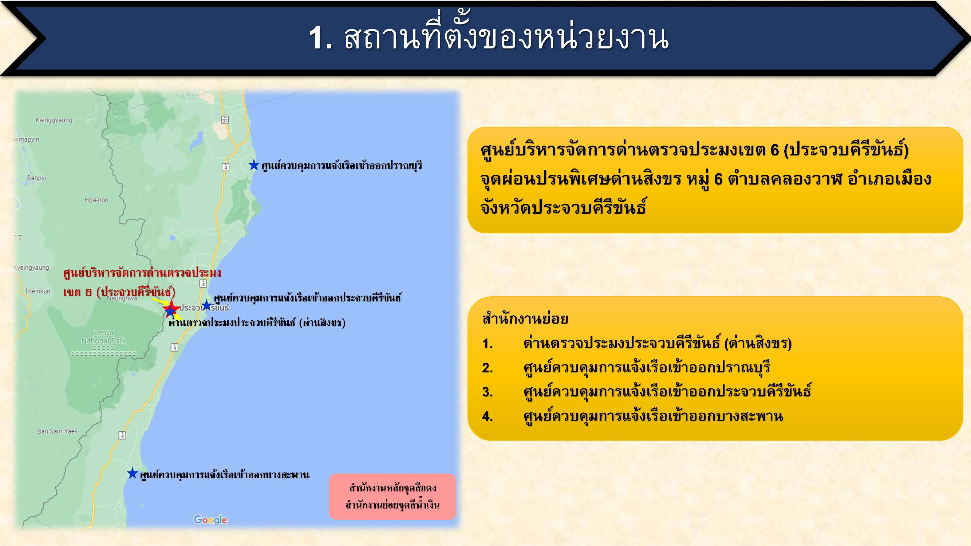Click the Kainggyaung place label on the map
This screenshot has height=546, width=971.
(x=54, y=120)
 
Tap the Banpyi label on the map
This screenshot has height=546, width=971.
(x=36, y=178)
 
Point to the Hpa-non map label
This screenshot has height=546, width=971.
(x=96, y=200)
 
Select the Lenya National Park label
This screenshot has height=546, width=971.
(x=104, y=337)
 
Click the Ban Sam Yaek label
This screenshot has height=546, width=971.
(x=57, y=431)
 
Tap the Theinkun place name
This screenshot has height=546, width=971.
(x=37, y=291)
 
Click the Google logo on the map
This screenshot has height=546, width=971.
(x=210, y=520)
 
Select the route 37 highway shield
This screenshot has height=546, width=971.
(x=225, y=120)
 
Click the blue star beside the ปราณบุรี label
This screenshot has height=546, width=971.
(x=254, y=165)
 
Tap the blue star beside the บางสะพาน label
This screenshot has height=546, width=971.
(x=132, y=473)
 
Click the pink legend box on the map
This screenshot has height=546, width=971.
(x=392, y=496)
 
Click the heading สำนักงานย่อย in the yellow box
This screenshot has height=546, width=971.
(x=525, y=319)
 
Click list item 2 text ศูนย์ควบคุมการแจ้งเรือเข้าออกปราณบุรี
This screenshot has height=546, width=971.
(x=647, y=367)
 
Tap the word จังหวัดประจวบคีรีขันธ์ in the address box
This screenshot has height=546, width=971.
(x=563, y=207)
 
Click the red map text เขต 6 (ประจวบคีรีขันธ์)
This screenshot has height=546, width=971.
(x=119, y=292)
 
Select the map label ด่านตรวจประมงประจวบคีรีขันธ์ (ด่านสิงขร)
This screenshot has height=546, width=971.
(x=257, y=323)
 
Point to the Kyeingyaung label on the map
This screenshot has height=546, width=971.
(x=31, y=268)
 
